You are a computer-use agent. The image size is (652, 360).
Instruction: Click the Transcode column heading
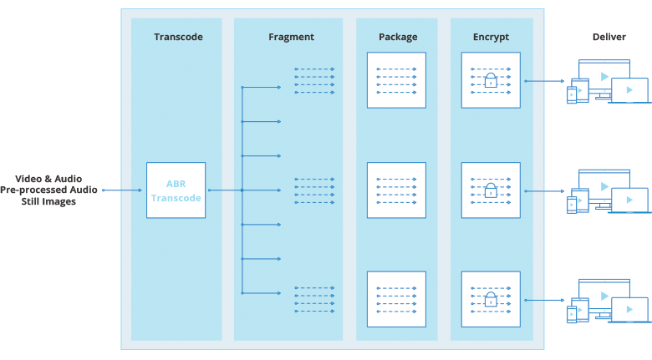(x=178, y=37)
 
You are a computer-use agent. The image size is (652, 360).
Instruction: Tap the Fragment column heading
(x=291, y=38)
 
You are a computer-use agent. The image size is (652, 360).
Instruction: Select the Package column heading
(x=398, y=38)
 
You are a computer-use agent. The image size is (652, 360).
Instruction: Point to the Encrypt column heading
(x=491, y=38)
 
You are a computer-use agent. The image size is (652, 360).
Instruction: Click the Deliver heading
(x=609, y=37)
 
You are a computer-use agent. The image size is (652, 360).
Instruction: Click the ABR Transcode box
(x=176, y=190)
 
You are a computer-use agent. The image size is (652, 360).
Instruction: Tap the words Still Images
(x=48, y=201)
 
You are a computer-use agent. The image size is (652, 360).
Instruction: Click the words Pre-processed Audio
(x=48, y=190)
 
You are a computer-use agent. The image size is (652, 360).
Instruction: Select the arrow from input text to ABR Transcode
(x=122, y=190)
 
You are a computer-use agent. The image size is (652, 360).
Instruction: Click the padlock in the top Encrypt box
(x=491, y=80)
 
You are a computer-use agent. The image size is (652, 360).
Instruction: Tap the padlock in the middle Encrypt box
(x=491, y=190)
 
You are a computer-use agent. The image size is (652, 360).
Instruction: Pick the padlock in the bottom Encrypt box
(x=491, y=299)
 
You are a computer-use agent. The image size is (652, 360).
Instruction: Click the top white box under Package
(x=396, y=80)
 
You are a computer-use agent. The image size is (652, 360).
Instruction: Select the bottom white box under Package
(x=396, y=299)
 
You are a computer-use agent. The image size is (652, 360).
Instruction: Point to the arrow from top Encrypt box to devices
(x=544, y=81)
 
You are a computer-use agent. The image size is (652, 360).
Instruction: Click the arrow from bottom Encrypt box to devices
(x=544, y=300)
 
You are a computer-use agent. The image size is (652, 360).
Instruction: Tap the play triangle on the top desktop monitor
(x=604, y=77)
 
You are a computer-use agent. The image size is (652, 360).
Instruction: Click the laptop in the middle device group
(x=630, y=200)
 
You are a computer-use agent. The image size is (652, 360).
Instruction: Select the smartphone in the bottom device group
(x=572, y=314)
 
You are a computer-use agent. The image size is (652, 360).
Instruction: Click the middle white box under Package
(x=396, y=190)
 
